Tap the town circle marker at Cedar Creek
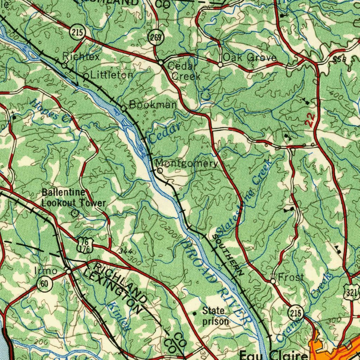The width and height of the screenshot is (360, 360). click(161, 63)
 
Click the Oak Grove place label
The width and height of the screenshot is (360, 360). click(250, 57)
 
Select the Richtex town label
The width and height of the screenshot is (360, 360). click(81, 56)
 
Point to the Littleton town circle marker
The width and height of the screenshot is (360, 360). click(86, 76)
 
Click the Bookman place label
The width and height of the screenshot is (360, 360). click(153, 104)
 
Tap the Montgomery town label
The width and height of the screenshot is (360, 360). click(187, 163)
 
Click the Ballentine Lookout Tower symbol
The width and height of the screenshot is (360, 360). click(74, 213)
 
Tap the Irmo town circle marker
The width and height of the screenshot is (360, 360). click(69, 271)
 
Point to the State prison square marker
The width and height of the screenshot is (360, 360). click(195, 313)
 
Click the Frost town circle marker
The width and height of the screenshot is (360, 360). click(273, 281)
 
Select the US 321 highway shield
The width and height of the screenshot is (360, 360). click(351, 292)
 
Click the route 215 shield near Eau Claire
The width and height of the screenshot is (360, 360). click(296, 312)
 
